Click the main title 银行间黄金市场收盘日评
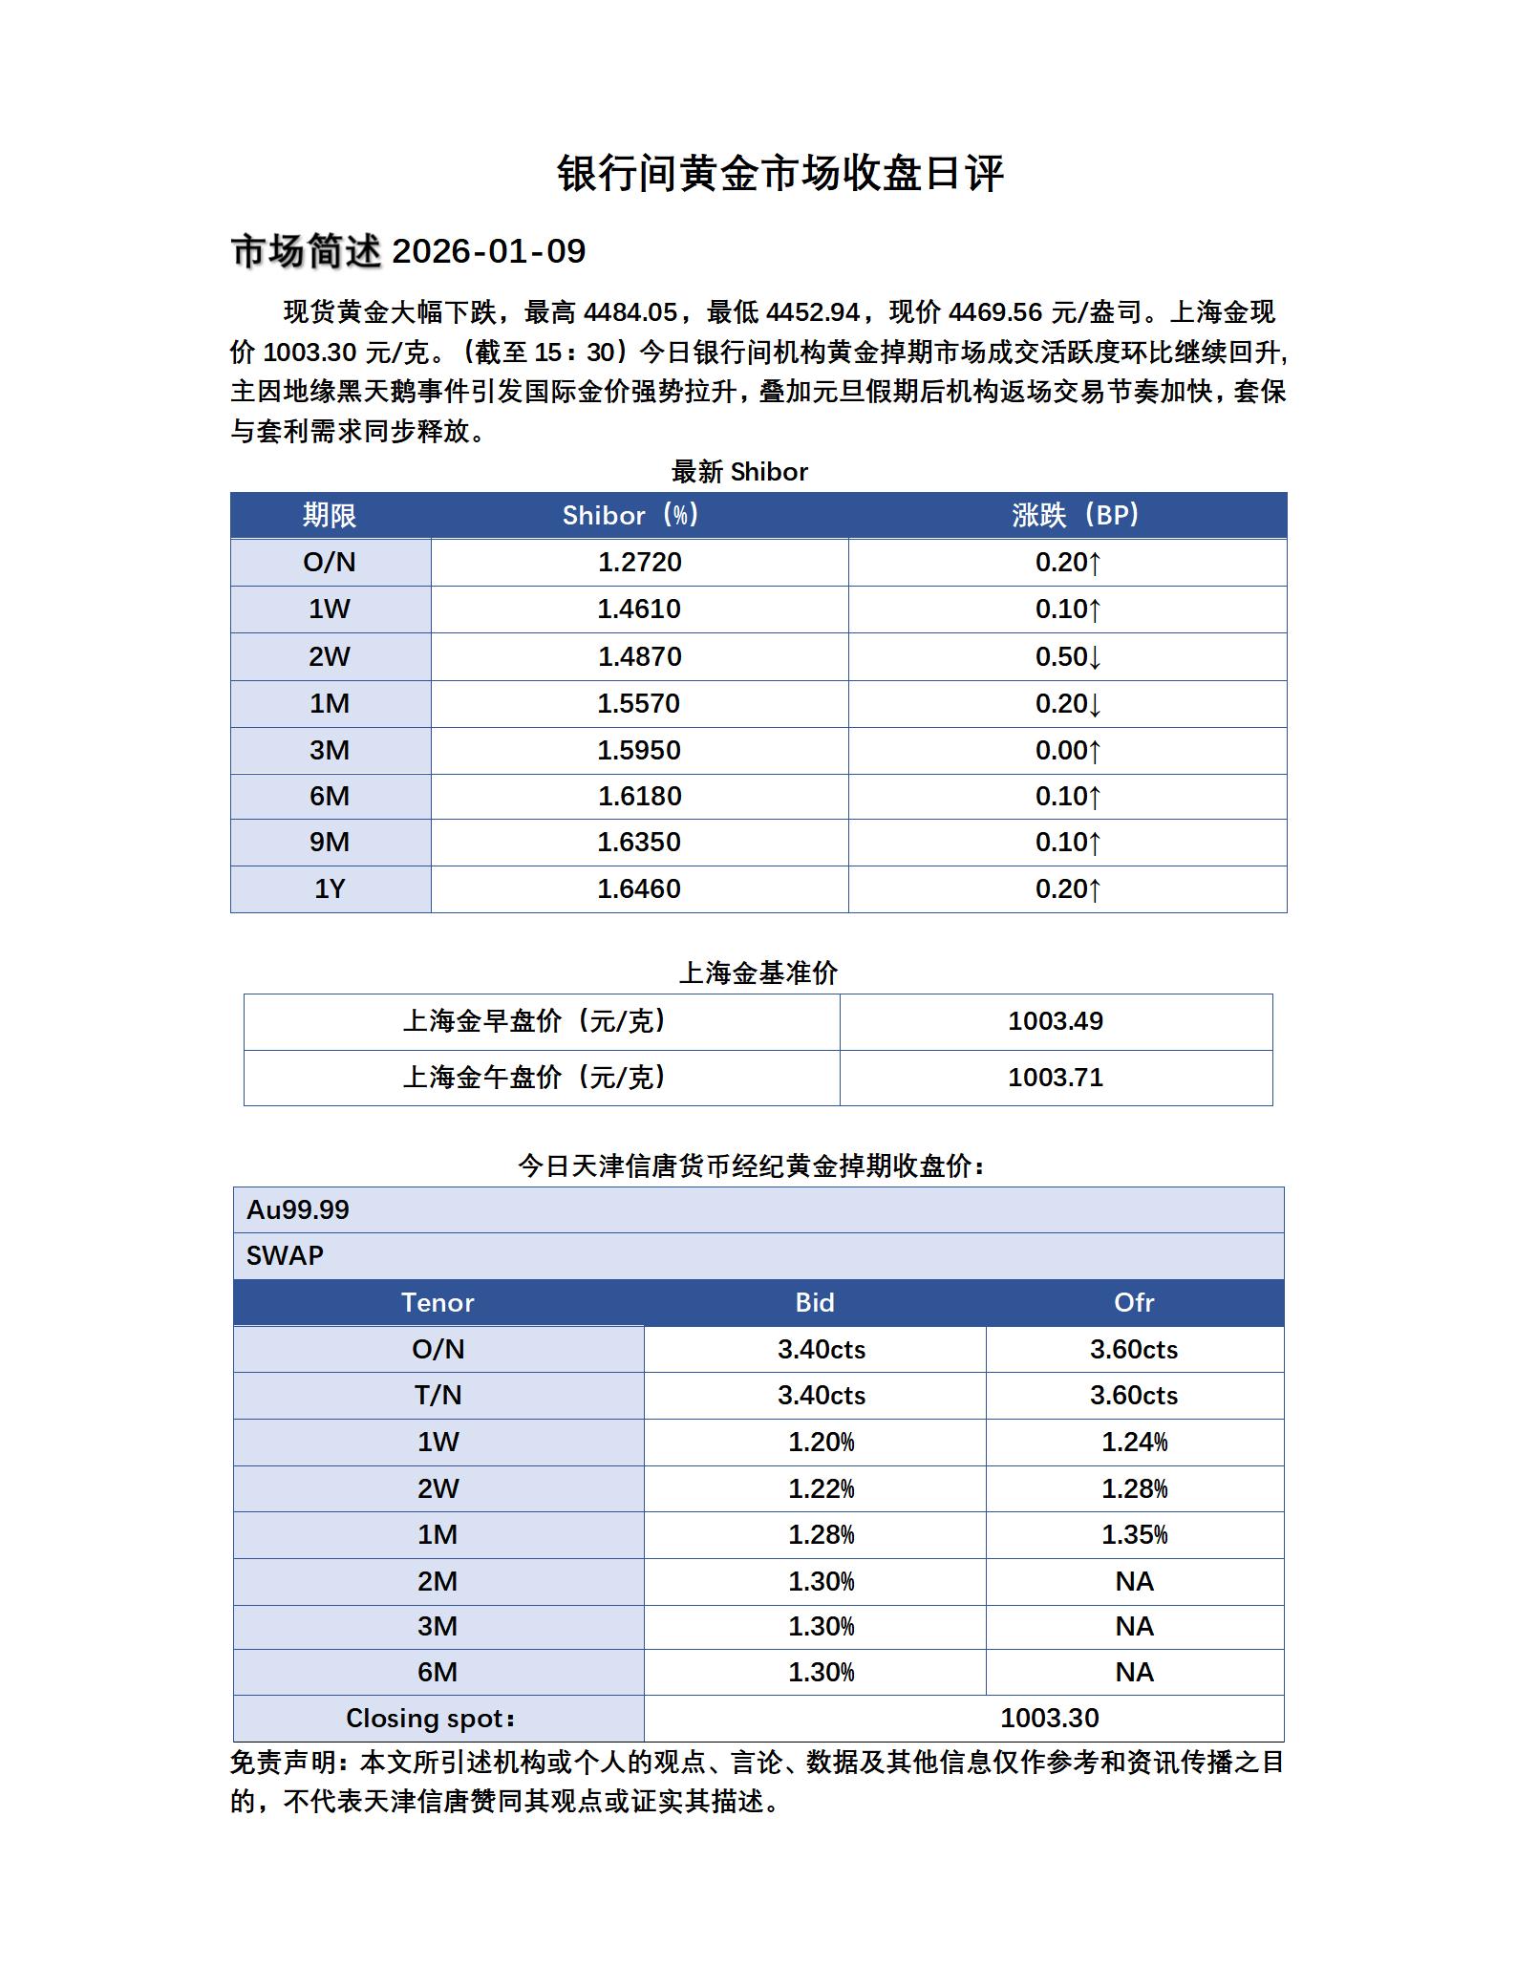click(779, 174)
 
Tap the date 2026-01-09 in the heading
click(488, 251)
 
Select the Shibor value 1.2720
click(639, 562)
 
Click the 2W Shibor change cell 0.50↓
click(1068, 656)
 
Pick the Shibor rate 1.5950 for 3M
click(639, 750)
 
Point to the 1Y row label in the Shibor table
click(330, 888)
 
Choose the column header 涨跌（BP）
click(1076, 516)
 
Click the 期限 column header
click(330, 516)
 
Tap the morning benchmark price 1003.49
click(1056, 1021)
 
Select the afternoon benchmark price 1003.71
click(1056, 1078)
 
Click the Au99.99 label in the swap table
click(298, 1209)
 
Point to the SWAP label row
click(285, 1255)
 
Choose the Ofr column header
click(1134, 1302)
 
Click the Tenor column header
click(438, 1302)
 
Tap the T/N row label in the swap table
click(438, 1395)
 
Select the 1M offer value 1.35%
click(1134, 1534)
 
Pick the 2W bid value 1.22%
click(821, 1488)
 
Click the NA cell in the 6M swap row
click(1134, 1672)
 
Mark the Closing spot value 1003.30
click(1049, 1718)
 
